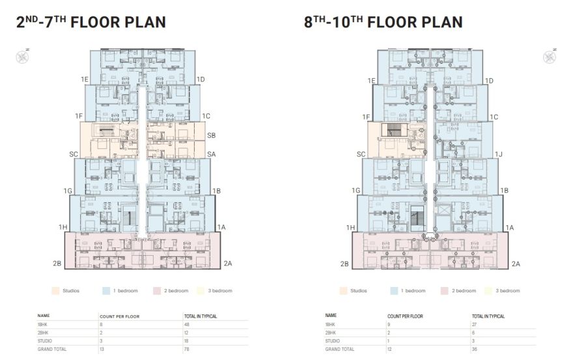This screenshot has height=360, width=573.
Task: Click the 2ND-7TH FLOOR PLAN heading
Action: [91, 22]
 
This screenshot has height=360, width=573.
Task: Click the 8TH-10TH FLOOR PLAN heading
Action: [384, 22]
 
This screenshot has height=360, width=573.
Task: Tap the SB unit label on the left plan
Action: [212, 135]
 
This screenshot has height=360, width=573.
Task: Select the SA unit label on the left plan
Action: [212, 154]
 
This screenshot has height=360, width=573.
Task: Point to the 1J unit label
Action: [499, 154]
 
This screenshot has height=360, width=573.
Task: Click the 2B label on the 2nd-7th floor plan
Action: [57, 264]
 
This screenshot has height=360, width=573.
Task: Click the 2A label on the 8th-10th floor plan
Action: [516, 264]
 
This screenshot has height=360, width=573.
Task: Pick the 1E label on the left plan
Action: [85, 79]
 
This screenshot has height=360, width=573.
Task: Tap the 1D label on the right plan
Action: [488, 80]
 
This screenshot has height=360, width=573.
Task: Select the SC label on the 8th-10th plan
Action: [361, 154]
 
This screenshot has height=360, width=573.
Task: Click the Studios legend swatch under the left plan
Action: [55, 290]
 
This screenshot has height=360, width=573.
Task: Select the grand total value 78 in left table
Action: [187, 349]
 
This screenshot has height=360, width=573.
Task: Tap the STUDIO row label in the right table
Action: [333, 340]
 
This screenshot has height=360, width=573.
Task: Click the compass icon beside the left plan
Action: [20, 56]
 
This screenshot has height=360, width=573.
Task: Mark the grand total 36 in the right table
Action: [475, 349]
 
